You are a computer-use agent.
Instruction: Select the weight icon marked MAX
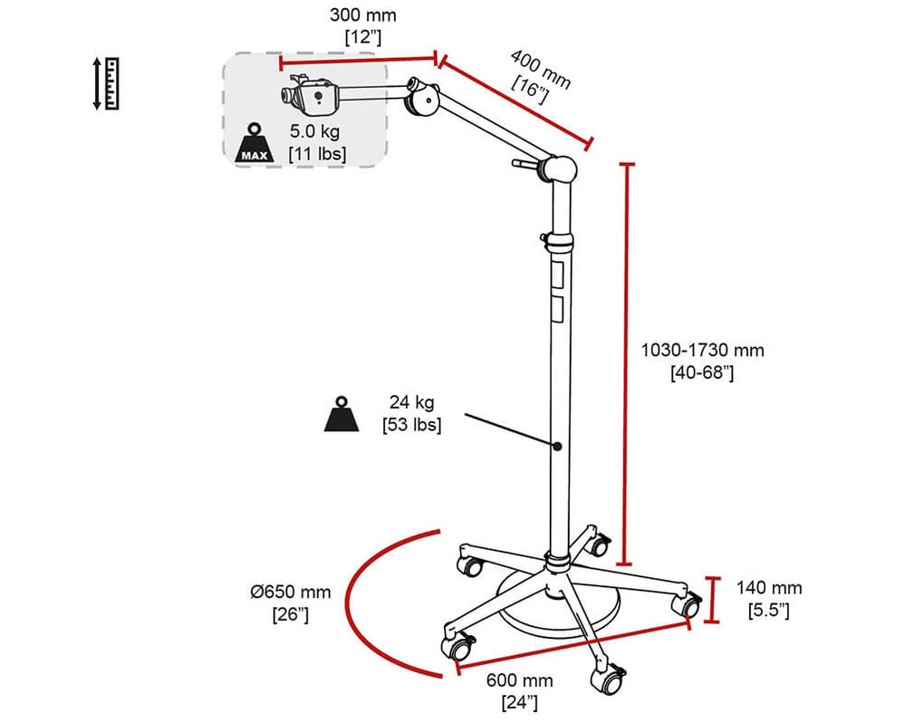pos(254,143)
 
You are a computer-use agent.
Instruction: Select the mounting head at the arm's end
pos(313,95)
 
